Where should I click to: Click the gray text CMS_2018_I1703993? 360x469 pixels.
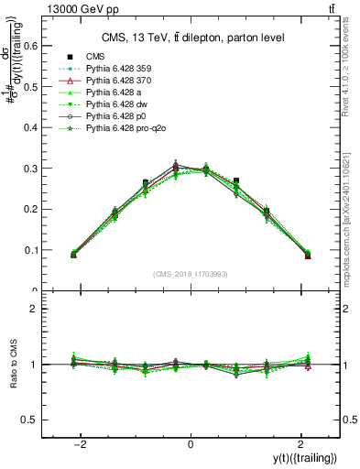click(190, 275)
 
